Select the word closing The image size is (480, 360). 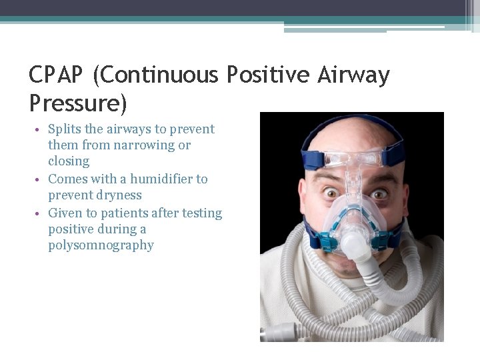tap(69, 161)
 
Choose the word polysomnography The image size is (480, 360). tap(101, 245)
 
